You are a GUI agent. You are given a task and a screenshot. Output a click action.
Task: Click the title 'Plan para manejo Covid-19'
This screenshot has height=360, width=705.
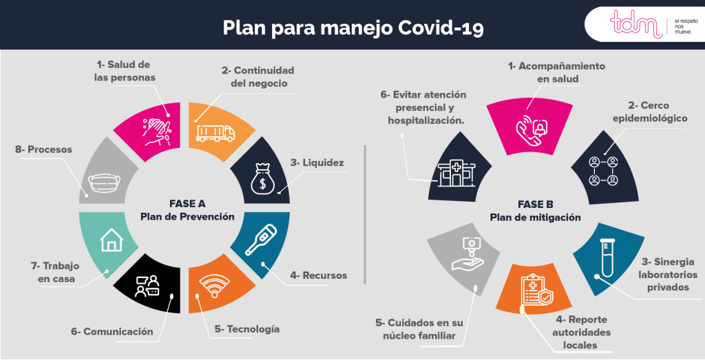point(352,28)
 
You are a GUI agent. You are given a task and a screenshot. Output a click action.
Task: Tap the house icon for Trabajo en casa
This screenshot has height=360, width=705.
point(110,240)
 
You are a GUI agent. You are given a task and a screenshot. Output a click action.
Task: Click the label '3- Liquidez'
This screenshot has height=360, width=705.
point(317,163)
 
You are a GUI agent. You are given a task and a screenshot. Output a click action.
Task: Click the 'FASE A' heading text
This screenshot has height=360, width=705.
point(187,204)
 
